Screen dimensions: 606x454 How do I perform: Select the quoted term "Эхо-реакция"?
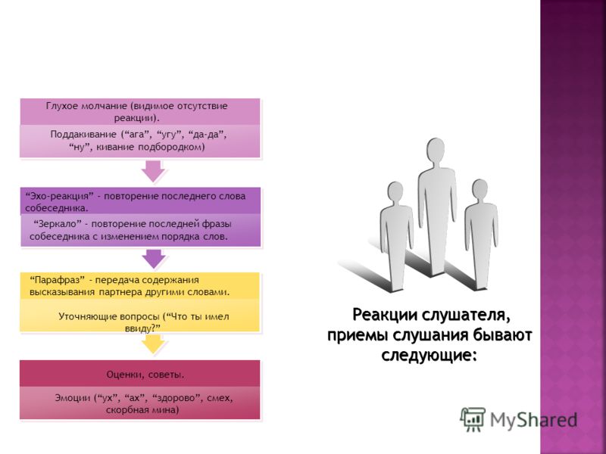click(60, 196)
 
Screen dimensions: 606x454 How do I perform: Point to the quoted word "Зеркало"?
click(58, 224)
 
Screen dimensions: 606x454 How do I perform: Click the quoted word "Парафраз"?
click(58, 280)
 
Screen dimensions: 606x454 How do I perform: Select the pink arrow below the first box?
click(153, 171)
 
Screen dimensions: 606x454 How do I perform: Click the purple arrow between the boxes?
click(154, 259)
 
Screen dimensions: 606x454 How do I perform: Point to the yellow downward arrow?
click(154, 344)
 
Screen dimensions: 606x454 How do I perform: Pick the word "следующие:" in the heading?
click(428, 355)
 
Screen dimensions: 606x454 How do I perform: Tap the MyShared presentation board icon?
click(472, 419)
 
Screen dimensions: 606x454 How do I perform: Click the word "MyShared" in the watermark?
click(534, 420)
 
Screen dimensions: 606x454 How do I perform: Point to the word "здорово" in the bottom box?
click(177, 398)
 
